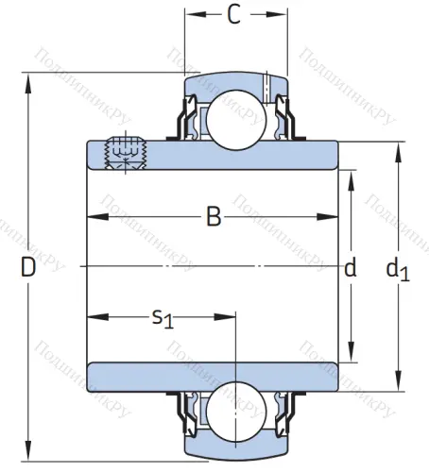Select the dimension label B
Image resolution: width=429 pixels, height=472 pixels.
(214, 218)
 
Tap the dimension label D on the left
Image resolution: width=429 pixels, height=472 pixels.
(27, 268)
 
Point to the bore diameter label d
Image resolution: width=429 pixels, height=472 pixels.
(351, 268)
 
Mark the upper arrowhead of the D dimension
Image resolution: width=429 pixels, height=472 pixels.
(33, 81)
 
